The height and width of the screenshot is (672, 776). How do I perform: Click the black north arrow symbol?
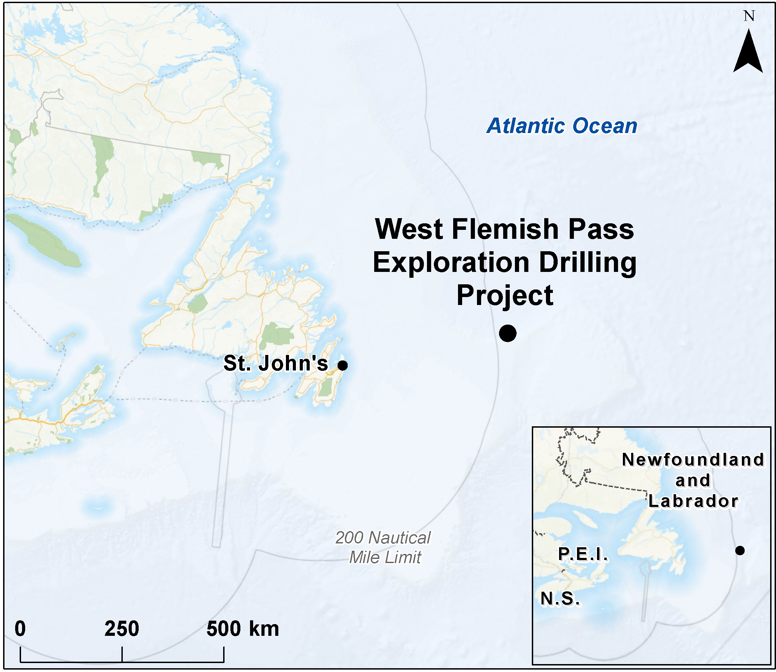[748, 52]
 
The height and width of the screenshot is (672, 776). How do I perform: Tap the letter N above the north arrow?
[749, 16]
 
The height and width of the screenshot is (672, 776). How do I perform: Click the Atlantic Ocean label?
[562, 126]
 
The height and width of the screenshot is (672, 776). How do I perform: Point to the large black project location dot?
[507, 333]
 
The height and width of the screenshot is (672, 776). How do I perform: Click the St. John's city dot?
[342, 365]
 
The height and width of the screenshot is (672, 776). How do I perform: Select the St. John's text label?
[276, 363]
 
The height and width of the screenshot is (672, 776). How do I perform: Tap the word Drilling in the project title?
[588, 262]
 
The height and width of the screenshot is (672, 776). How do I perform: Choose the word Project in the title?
[505, 295]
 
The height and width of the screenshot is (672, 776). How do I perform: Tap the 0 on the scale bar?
[20, 629]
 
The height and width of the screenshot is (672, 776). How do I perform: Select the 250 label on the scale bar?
[122, 629]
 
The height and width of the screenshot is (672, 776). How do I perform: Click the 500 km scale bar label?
[242, 629]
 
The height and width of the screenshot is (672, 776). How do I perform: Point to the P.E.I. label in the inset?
[583, 554]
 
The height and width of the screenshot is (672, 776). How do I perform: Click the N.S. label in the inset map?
[560, 599]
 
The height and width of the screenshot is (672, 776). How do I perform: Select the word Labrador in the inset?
[693, 501]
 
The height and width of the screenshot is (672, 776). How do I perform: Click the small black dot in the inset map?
[739, 550]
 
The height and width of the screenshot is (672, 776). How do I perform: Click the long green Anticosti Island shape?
[43, 240]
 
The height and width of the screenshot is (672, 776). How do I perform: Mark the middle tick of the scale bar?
[122, 654]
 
